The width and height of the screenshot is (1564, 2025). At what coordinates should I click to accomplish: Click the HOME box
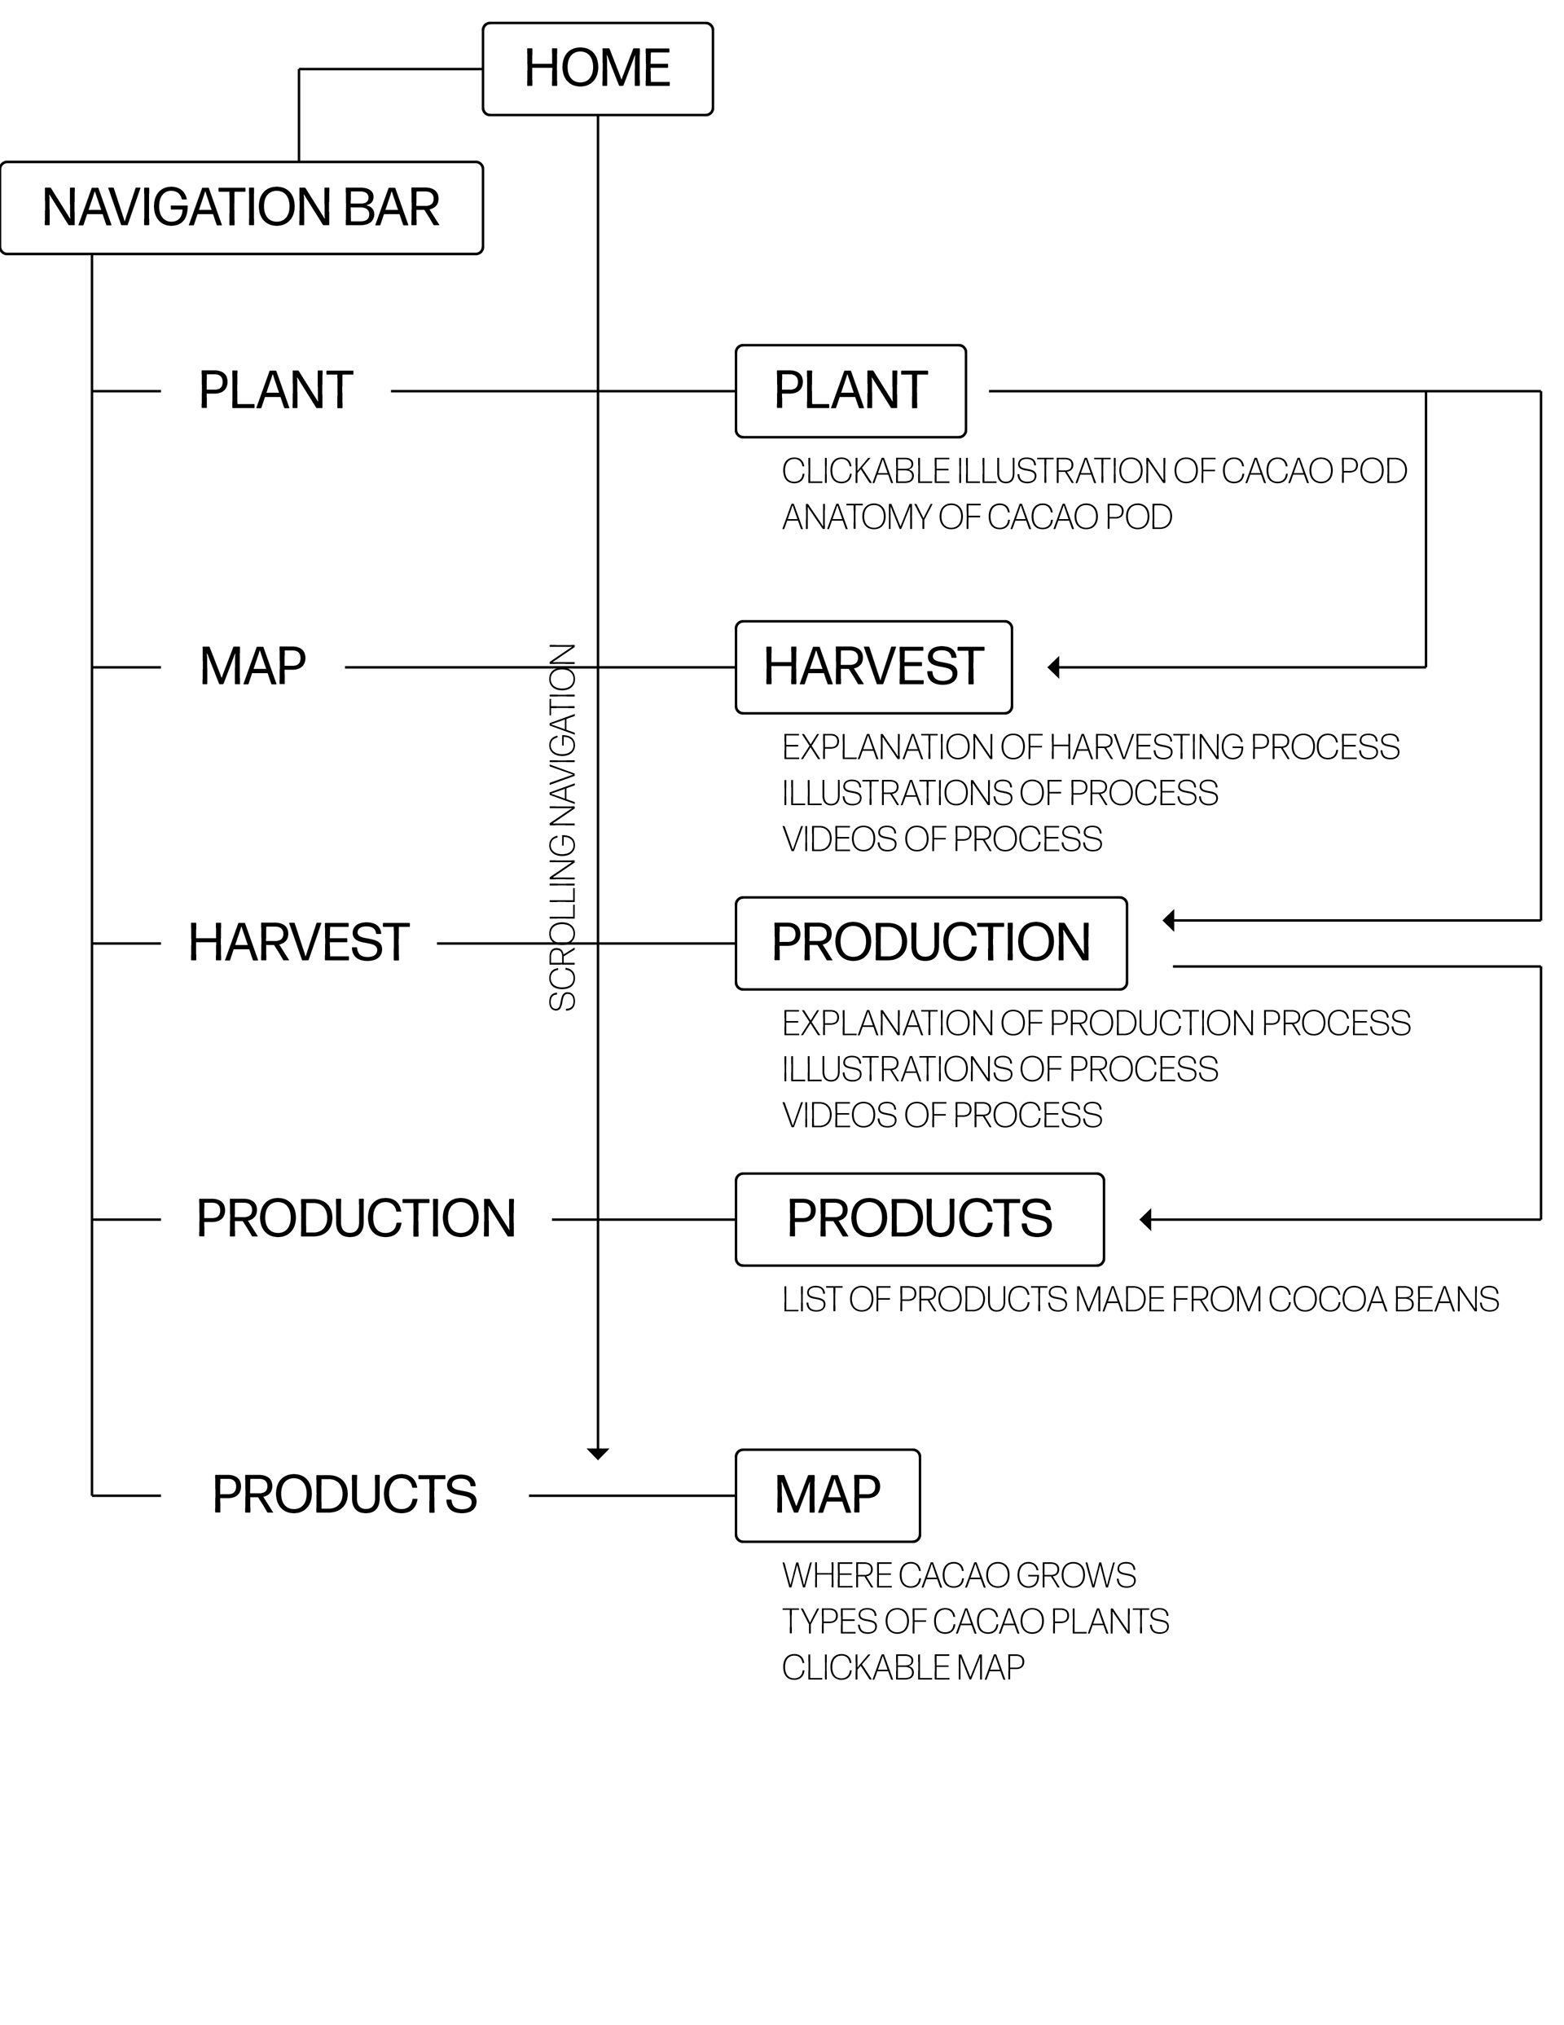tap(597, 68)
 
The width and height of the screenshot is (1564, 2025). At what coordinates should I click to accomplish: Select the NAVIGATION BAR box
tap(242, 208)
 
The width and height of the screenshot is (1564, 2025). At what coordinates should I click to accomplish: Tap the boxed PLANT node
tap(850, 390)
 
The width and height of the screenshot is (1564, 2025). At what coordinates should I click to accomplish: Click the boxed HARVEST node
tap(873, 667)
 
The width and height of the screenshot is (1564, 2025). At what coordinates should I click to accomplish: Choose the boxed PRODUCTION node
tap(931, 943)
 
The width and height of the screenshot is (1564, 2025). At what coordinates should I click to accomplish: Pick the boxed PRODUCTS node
tap(920, 1219)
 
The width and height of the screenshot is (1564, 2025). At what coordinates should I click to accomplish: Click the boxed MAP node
tap(828, 1495)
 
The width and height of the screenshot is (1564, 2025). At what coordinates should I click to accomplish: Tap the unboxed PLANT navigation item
tap(275, 390)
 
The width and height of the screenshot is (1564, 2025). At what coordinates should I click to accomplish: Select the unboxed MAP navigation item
tap(253, 667)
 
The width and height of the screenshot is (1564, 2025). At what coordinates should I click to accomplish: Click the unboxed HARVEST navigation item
tap(298, 943)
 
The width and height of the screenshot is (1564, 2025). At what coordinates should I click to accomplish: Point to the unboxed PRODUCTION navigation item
tap(356, 1219)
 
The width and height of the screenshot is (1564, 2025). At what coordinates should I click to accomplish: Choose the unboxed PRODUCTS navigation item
tap(344, 1495)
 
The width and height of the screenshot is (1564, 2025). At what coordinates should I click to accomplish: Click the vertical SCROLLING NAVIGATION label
tap(563, 827)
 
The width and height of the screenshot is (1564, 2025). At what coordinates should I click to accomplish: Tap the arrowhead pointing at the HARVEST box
tap(1053, 667)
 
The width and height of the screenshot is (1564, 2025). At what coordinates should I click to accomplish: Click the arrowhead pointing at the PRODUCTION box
tap(1168, 920)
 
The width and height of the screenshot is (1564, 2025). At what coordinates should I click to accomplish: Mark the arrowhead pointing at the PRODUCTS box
tap(1145, 1219)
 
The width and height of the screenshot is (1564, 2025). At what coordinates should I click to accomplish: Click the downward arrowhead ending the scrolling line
tap(598, 1454)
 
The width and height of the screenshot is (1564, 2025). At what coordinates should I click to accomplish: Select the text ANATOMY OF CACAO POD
tap(977, 517)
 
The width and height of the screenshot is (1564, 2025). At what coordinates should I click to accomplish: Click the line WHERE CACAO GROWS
tap(959, 1575)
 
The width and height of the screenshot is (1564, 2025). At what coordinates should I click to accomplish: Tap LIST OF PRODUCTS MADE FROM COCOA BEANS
tap(1140, 1300)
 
